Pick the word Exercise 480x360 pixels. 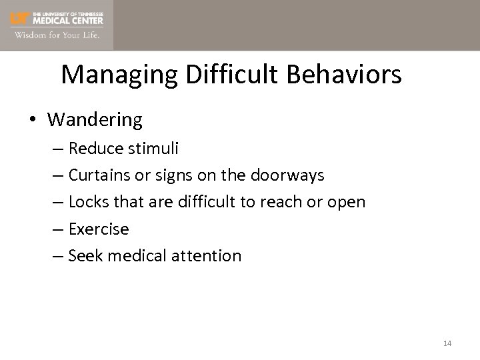(x=98, y=229)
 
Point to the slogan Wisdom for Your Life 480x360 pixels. (x=58, y=35)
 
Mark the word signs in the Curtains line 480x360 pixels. (x=188, y=175)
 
